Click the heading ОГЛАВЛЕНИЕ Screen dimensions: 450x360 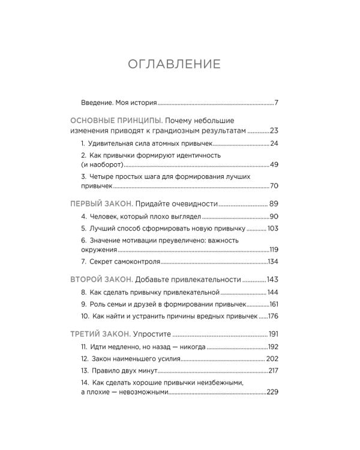174,64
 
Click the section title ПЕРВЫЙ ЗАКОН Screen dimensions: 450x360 100,203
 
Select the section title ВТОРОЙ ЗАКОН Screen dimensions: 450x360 100,279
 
